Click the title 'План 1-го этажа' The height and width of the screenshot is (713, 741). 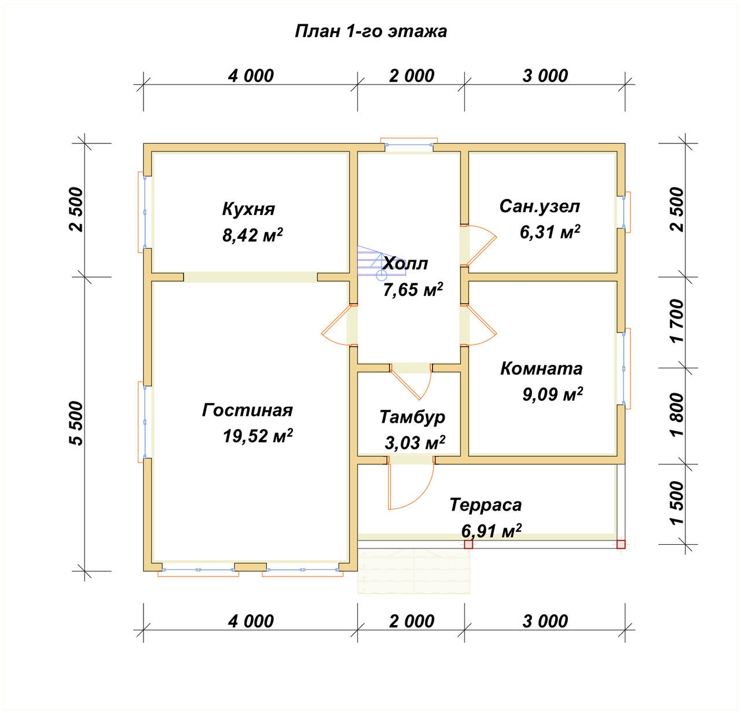coord(370,32)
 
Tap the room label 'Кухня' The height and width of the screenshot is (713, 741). coord(248,209)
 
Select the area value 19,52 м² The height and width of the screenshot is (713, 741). coord(258,435)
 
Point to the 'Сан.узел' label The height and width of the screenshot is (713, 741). coord(540,206)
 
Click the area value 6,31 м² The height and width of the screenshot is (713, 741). coord(550,231)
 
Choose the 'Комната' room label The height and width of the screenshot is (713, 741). coord(541,368)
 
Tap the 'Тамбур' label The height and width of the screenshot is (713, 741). coord(412,417)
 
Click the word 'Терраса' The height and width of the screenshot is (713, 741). coord(486,505)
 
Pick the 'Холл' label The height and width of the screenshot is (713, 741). coord(405,264)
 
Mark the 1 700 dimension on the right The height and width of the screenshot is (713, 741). coord(678,322)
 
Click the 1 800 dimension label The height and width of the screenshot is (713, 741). coord(678,415)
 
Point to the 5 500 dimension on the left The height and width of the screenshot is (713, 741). coord(76,423)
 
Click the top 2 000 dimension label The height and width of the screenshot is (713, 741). coord(411,76)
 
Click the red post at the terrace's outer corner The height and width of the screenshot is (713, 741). coord(621,545)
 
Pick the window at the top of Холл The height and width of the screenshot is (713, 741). coord(409,145)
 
